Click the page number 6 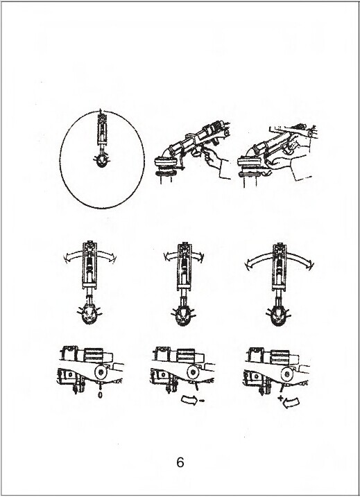click(180, 462)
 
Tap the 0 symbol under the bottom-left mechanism click(100, 395)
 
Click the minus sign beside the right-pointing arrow click(202, 401)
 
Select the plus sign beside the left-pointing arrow click(280, 399)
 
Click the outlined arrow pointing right click(189, 399)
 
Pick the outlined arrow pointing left click(291, 403)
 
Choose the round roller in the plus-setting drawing click(287, 374)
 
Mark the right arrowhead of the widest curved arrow click(311, 264)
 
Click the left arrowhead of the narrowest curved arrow click(166, 256)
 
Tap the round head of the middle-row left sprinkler click(89, 314)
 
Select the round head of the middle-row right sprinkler click(279, 317)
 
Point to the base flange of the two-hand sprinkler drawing click(250, 162)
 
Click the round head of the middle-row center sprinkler click(184, 316)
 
